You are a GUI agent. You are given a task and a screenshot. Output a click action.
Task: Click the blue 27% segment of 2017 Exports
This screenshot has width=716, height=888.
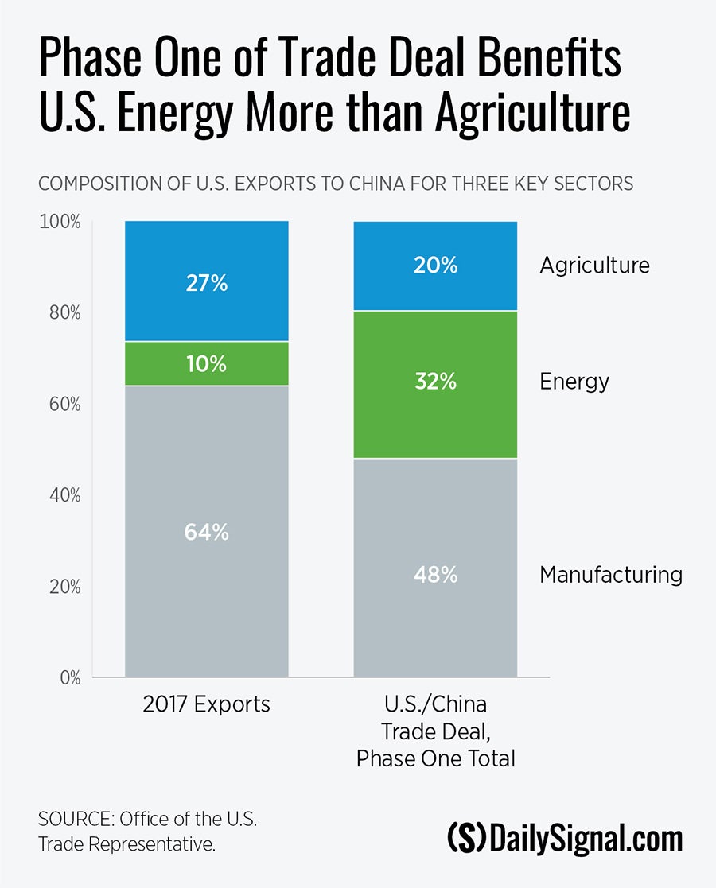[206, 281]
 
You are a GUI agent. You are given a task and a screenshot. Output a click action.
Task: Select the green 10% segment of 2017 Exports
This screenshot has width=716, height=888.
[206, 364]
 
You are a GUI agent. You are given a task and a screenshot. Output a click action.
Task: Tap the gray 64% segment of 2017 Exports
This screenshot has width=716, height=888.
[206, 531]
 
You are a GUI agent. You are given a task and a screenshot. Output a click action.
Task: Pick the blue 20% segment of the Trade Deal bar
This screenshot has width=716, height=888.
[435, 266]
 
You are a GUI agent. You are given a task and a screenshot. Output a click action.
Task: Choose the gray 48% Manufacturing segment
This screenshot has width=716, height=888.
[435, 568]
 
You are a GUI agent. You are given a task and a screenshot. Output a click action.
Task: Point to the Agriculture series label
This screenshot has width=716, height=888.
[594, 266]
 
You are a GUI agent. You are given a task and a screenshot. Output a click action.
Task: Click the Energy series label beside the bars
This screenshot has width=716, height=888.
[574, 382]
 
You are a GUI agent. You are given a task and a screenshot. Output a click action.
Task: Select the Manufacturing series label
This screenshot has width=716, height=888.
[611, 575]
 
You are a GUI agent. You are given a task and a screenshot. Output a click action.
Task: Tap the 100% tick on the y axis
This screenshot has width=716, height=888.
[60, 222]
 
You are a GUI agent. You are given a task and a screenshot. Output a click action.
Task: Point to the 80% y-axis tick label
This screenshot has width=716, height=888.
[63, 313]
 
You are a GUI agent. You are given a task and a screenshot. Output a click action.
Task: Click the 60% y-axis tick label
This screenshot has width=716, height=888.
[63, 405]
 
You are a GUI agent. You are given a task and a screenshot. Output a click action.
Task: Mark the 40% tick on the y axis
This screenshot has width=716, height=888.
[63, 495]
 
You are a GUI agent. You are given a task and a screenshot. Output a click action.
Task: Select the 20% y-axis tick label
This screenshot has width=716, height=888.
[63, 587]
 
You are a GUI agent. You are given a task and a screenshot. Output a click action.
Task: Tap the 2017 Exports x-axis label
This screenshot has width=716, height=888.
[206, 704]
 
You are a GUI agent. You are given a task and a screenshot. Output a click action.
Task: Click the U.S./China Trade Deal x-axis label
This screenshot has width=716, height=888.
[435, 731]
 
